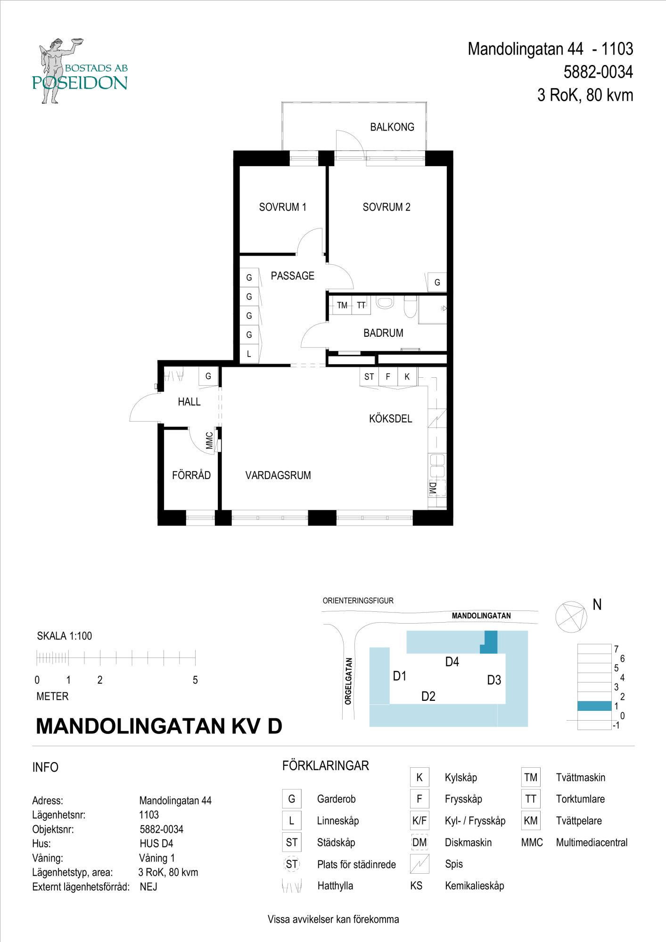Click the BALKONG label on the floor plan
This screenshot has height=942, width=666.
[x=392, y=127]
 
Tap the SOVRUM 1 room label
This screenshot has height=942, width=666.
[x=282, y=207]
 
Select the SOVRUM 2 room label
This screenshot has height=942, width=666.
[x=386, y=207]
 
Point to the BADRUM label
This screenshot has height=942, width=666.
[x=383, y=333]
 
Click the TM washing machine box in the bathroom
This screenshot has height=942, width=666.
[x=342, y=305]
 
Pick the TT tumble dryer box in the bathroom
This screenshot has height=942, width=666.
[x=361, y=305]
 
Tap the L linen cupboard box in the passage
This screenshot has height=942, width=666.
[x=249, y=354]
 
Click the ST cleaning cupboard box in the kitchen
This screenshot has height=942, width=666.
[x=369, y=377]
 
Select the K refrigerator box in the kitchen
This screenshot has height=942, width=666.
[x=407, y=377]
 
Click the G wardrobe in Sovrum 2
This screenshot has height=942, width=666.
[x=437, y=283]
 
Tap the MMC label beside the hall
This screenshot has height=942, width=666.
[x=209, y=441]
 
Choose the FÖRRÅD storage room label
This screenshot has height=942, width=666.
[x=191, y=475]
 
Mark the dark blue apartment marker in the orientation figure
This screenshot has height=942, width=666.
[x=490, y=642]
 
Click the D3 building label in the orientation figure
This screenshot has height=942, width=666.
[x=494, y=680]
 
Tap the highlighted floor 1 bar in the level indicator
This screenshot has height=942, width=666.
[x=594, y=706]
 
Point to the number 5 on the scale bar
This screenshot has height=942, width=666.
[x=195, y=680]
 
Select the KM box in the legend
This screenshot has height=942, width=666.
[x=531, y=820]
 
